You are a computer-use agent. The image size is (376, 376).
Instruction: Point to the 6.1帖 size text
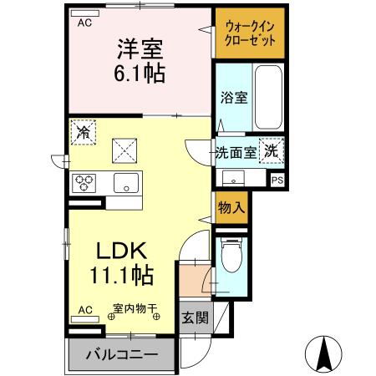pos(139,72)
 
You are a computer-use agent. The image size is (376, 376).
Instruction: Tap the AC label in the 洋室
pos(84,23)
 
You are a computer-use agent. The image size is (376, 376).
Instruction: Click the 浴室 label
pos(233,98)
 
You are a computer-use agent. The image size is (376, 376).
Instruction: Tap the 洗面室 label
pos(235,152)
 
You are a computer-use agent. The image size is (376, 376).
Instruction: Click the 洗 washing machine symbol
pos(272,151)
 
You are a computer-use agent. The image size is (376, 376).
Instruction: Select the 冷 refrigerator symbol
pos(84,132)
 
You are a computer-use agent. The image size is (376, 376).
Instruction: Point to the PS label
pos(277,179)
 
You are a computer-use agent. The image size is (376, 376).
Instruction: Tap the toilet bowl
pos(232,257)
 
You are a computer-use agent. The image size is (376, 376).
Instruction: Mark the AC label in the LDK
pos(84,309)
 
